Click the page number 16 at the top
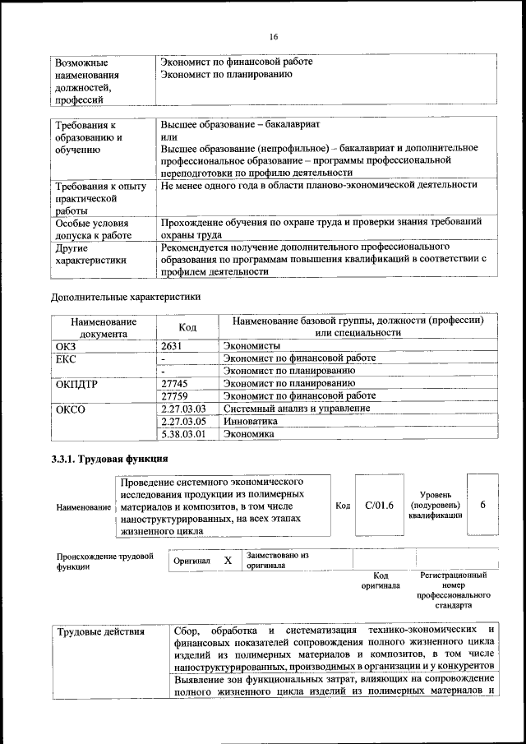pyautogui.click(x=273, y=36)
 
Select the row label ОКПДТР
pyautogui.click(x=77, y=383)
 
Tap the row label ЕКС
pyautogui.click(x=66, y=358)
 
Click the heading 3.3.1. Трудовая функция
pyautogui.click(x=110, y=459)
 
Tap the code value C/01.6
pyautogui.click(x=379, y=505)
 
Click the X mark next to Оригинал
pyautogui.click(x=228, y=560)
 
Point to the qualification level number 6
pyautogui.click(x=482, y=505)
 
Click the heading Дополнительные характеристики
pyautogui.click(x=126, y=296)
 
